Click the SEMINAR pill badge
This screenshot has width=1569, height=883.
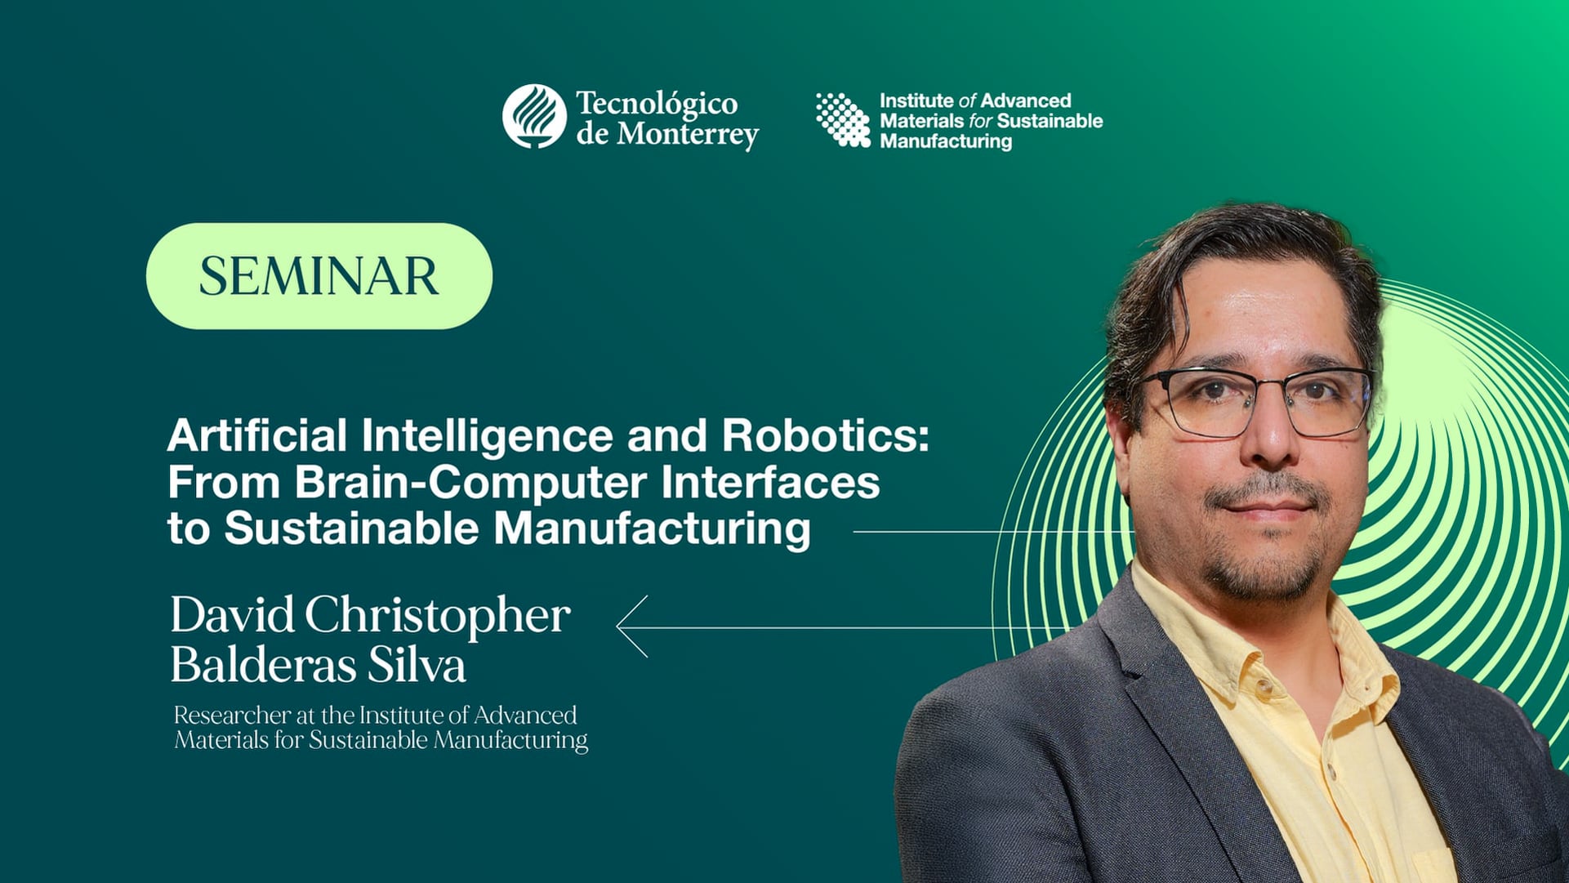319,276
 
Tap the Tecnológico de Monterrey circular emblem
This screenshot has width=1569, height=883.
534,116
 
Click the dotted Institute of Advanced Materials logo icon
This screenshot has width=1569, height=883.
843,119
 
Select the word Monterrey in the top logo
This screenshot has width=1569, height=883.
687,134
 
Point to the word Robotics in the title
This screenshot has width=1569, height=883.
825,435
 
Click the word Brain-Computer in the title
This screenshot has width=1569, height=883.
472,482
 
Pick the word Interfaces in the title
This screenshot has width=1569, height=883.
770,482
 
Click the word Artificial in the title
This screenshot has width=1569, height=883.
256,435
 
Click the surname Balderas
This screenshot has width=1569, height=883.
263,665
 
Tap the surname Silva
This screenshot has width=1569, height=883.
416,665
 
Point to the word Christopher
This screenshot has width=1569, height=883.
437,616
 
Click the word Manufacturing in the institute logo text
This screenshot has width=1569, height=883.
945,141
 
